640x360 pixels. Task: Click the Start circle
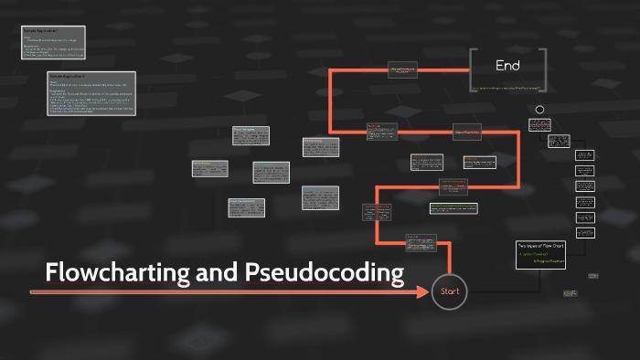click(449, 291)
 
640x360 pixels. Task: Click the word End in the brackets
click(507, 66)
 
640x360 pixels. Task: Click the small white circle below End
click(539, 110)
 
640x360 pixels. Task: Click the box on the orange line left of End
click(403, 70)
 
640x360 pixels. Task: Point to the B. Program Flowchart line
click(548, 261)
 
